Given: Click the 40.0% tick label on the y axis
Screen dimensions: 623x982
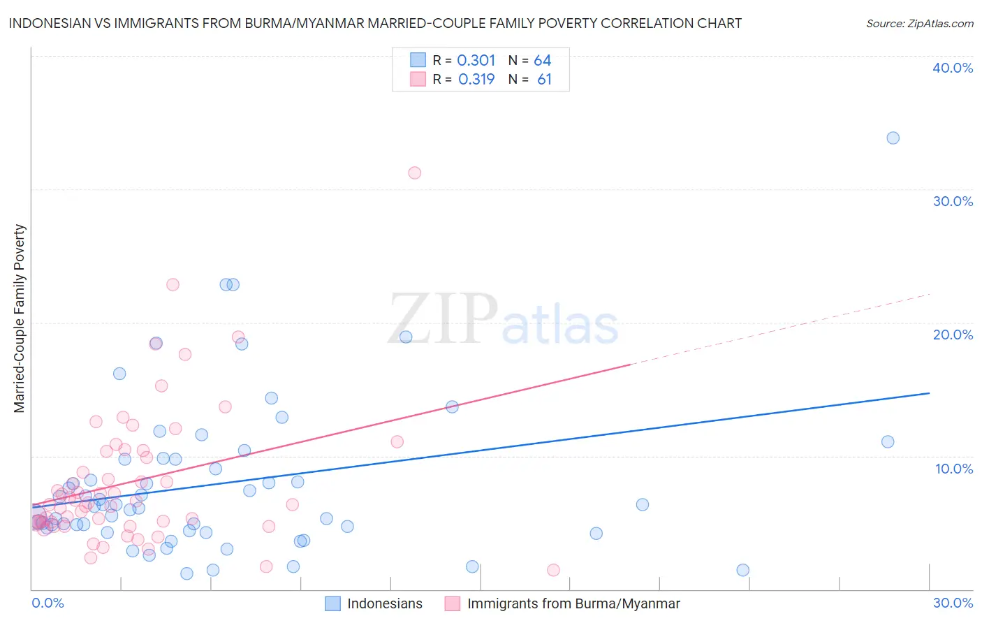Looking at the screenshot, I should [x=953, y=68].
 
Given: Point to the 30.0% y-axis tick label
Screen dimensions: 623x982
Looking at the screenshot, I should [x=953, y=201].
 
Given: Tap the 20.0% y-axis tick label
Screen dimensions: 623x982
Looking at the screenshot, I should [x=953, y=335].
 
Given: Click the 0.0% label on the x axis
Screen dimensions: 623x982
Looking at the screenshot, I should [x=47, y=603].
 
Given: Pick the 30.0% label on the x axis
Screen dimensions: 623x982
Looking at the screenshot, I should [x=953, y=603].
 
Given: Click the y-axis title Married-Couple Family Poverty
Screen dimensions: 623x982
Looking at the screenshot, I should [x=20, y=318].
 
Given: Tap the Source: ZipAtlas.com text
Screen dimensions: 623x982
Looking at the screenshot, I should [x=919, y=24].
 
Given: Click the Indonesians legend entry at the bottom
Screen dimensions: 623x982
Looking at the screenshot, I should [x=384, y=603].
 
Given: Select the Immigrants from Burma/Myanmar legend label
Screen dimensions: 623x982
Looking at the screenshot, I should [x=573, y=603].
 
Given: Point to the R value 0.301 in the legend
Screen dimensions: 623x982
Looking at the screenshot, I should [x=476, y=61].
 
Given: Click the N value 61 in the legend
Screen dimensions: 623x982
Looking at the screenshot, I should [x=544, y=80].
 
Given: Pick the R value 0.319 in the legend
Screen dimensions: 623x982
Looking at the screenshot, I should [x=476, y=80].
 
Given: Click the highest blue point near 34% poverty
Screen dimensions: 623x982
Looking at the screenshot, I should [x=893, y=138].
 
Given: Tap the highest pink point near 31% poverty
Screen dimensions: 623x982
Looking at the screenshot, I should [x=414, y=173].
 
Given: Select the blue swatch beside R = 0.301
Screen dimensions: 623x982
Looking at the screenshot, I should [x=418, y=60].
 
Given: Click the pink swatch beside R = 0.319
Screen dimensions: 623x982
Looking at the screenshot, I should [x=418, y=79].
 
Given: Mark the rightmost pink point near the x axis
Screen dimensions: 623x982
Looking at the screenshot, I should [x=553, y=570].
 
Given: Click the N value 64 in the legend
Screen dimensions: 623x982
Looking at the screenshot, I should [x=543, y=61].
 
